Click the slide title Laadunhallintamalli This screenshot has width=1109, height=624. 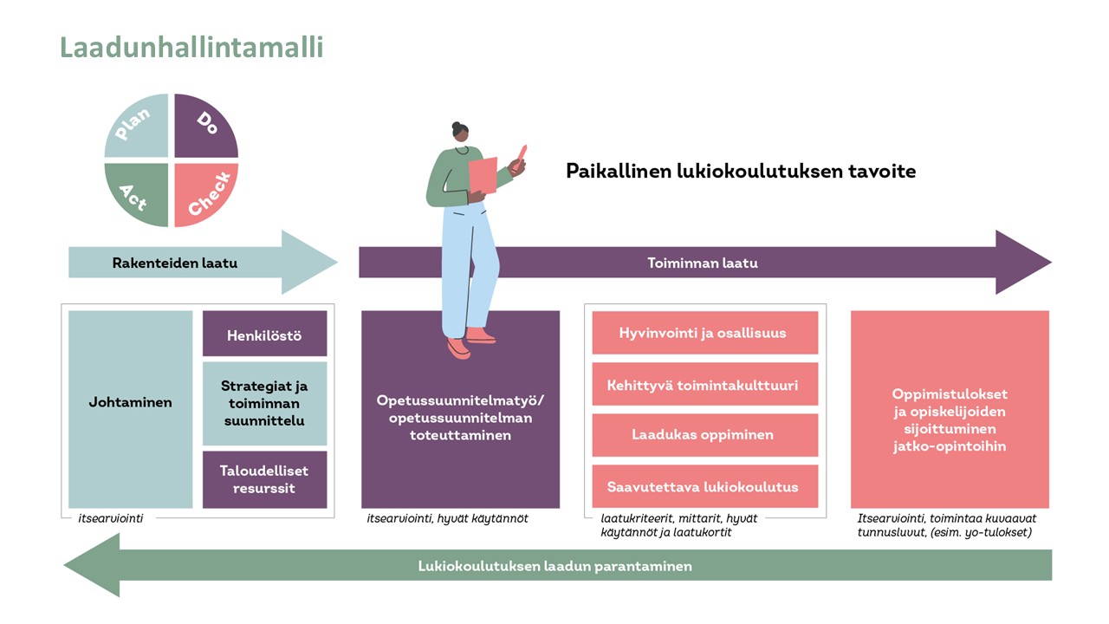[x=191, y=46]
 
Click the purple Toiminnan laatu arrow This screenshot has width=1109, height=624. [x=703, y=263]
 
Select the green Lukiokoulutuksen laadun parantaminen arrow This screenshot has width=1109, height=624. [x=554, y=566]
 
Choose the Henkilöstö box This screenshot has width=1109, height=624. [x=264, y=335]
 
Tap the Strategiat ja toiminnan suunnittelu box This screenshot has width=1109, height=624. [x=264, y=403]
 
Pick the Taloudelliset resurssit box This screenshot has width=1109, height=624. [x=264, y=479]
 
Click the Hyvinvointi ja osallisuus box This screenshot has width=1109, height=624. [x=704, y=333]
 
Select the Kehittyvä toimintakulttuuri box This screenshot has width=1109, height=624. [x=704, y=385]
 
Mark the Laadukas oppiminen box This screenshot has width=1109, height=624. [x=704, y=435]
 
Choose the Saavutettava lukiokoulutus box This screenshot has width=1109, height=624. [x=704, y=486]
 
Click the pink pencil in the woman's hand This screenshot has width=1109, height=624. [x=522, y=155]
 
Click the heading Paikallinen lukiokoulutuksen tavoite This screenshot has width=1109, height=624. [x=741, y=171]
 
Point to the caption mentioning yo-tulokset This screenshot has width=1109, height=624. [x=944, y=525]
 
